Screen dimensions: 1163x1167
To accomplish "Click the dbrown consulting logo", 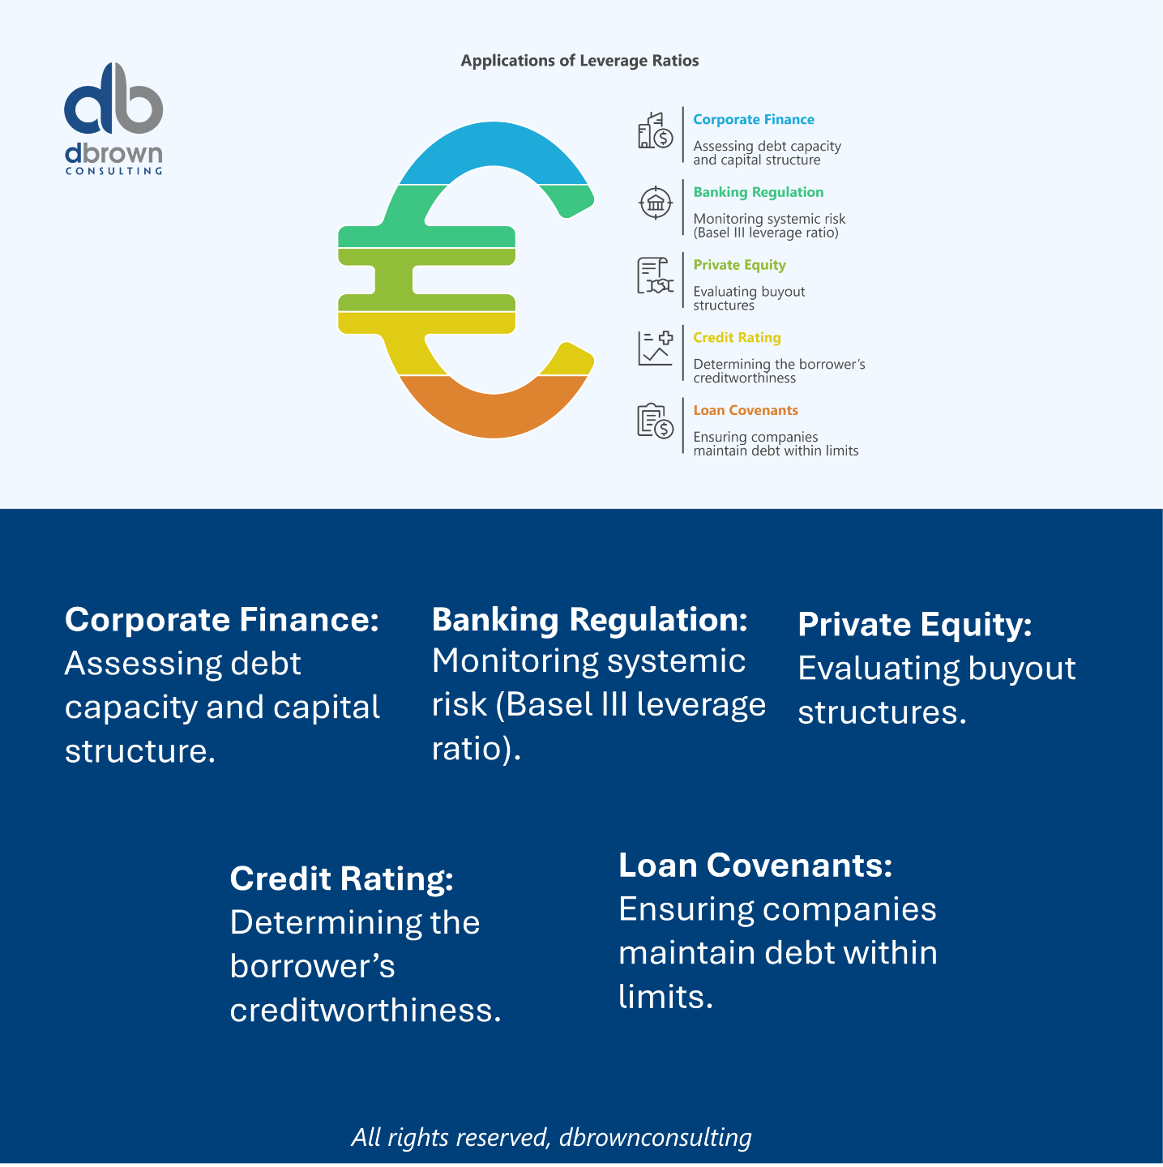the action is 113,118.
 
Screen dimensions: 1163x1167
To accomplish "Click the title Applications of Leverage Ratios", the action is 579,61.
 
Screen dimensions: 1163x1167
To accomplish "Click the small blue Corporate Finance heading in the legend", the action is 753,120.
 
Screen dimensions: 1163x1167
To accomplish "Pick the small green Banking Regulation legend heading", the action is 758,193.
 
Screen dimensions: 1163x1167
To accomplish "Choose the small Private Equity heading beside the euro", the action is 739,265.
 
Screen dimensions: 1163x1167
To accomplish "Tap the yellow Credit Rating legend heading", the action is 737,338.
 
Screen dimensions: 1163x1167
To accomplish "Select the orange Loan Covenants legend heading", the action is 745,411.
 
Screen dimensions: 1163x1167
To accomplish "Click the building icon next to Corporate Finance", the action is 655,131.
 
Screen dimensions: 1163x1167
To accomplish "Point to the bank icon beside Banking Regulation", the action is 655,203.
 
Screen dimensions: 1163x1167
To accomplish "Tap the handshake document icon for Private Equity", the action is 655,276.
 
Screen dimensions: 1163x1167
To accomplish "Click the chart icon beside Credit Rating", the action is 655,348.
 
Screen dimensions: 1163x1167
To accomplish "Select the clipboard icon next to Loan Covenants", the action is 655,421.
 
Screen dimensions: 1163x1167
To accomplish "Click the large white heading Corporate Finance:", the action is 221,620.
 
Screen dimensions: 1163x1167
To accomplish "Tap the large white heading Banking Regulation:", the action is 589,620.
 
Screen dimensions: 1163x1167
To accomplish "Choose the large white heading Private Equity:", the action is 914,625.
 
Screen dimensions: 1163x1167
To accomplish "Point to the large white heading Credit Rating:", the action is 341,879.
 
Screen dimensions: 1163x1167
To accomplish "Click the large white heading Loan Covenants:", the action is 755,866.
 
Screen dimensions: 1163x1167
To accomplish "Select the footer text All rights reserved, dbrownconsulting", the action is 551,1137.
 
